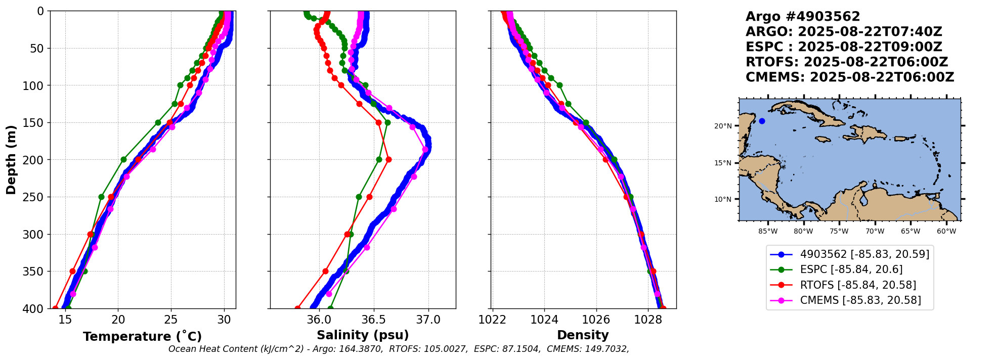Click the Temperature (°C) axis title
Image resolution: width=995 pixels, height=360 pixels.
[142, 336]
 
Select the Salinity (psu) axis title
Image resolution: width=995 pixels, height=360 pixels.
[362, 335]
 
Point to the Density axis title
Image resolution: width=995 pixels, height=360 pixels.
[583, 335]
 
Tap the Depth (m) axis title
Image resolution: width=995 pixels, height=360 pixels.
[11, 159]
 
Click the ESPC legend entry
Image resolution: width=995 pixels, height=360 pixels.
[851, 269]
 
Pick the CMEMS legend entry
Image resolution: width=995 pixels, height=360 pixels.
[860, 300]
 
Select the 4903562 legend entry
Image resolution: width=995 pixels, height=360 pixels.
[864, 254]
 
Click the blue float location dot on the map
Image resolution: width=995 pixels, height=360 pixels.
[762, 121]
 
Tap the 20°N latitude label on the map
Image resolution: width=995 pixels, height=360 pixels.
[723, 126]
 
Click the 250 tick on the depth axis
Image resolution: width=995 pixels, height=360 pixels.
[37, 197]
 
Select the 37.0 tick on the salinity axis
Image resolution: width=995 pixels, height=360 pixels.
[428, 320]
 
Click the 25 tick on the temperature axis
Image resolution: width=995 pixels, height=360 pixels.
[171, 320]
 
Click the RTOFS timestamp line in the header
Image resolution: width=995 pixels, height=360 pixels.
[846, 62]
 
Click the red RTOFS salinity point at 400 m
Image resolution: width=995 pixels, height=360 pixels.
[297, 308]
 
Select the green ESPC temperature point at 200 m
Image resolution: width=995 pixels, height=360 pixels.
[123, 159]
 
